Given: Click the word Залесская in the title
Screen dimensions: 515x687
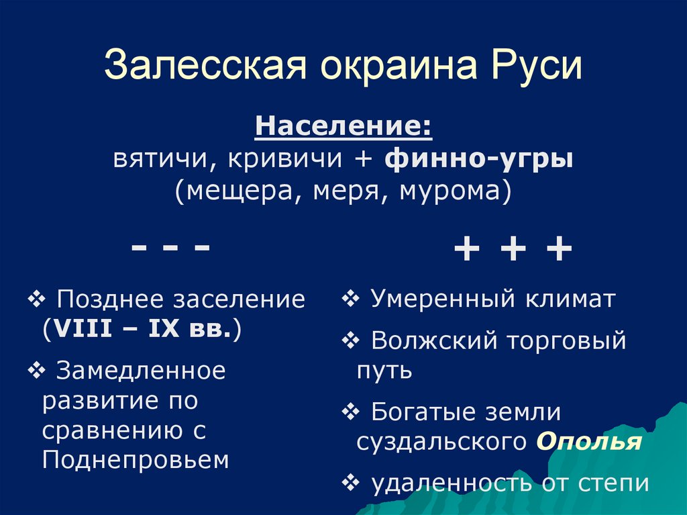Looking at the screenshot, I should click(x=205, y=68).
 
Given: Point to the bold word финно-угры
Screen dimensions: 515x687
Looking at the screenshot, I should click(x=479, y=161).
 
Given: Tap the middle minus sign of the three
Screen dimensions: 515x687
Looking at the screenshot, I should click(x=171, y=248).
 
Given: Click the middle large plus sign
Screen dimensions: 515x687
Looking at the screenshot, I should click(x=513, y=252).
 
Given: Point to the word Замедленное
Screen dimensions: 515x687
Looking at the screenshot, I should click(x=141, y=369).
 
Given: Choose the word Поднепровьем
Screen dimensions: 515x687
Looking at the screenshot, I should click(x=135, y=460).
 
